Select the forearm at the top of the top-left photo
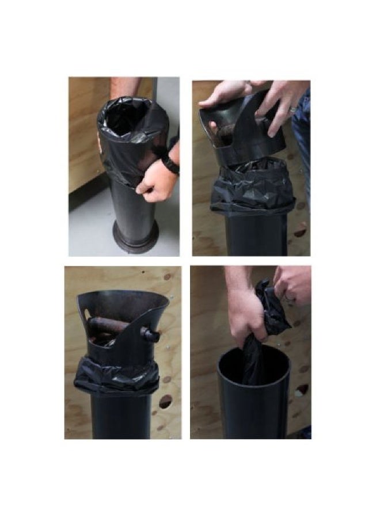pyautogui.click(x=126, y=87)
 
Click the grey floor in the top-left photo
pyautogui.click(x=86, y=230)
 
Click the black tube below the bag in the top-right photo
pyautogui.click(x=256, y=236)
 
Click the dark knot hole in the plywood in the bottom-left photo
pyautogui.click(x=165, y=401)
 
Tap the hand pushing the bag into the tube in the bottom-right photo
pyautogui.click(x=246, y=314)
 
